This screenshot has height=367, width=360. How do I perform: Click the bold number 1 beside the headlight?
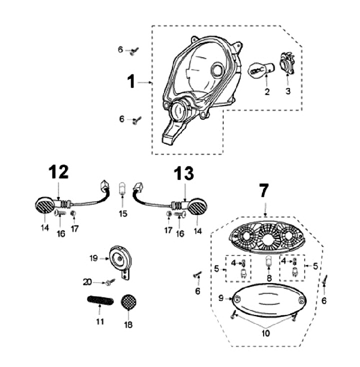(131, 81)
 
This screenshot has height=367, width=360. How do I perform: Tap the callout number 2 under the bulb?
(267, 91)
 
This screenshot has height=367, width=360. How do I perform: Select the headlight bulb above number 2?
(260, 72)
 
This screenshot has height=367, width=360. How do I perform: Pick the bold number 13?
(183, 175)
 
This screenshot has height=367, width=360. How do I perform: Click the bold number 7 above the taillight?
(263, 190)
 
